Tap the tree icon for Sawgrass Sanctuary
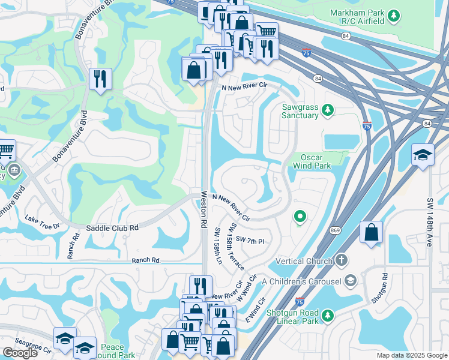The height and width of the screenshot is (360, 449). click(327, 110)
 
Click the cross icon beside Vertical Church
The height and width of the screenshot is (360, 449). click(342, 260)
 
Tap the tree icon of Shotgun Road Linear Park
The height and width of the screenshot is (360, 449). click(327, 315)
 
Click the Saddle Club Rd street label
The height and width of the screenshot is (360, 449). click(112, 228)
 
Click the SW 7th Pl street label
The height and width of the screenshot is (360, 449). click(250, 241)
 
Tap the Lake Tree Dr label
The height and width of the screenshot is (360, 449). click(41, 226)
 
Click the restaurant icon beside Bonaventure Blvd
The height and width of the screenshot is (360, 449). click(100, 79)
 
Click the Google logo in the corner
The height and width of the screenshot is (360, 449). click(20, 353)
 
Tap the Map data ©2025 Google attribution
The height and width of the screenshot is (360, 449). click(412, 355)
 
